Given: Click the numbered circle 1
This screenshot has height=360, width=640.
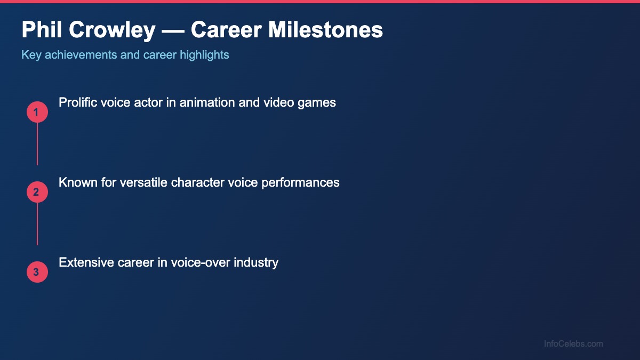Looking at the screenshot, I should pos(37,112).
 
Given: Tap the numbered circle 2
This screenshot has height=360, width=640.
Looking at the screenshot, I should pos(37,192).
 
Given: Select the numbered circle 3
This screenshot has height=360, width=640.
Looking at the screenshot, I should pos(37,272).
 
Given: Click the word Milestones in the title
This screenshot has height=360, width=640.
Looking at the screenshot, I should pos(325,30).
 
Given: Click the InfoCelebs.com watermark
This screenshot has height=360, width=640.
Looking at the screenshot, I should pos(573,344).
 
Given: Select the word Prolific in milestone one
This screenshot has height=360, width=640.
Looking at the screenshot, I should pos(79,102).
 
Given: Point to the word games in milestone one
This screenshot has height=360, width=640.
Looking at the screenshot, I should pos(318,103).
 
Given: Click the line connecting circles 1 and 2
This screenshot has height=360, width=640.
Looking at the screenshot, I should pos(37,144).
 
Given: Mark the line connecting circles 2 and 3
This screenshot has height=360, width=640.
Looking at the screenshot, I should pos(37,224).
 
